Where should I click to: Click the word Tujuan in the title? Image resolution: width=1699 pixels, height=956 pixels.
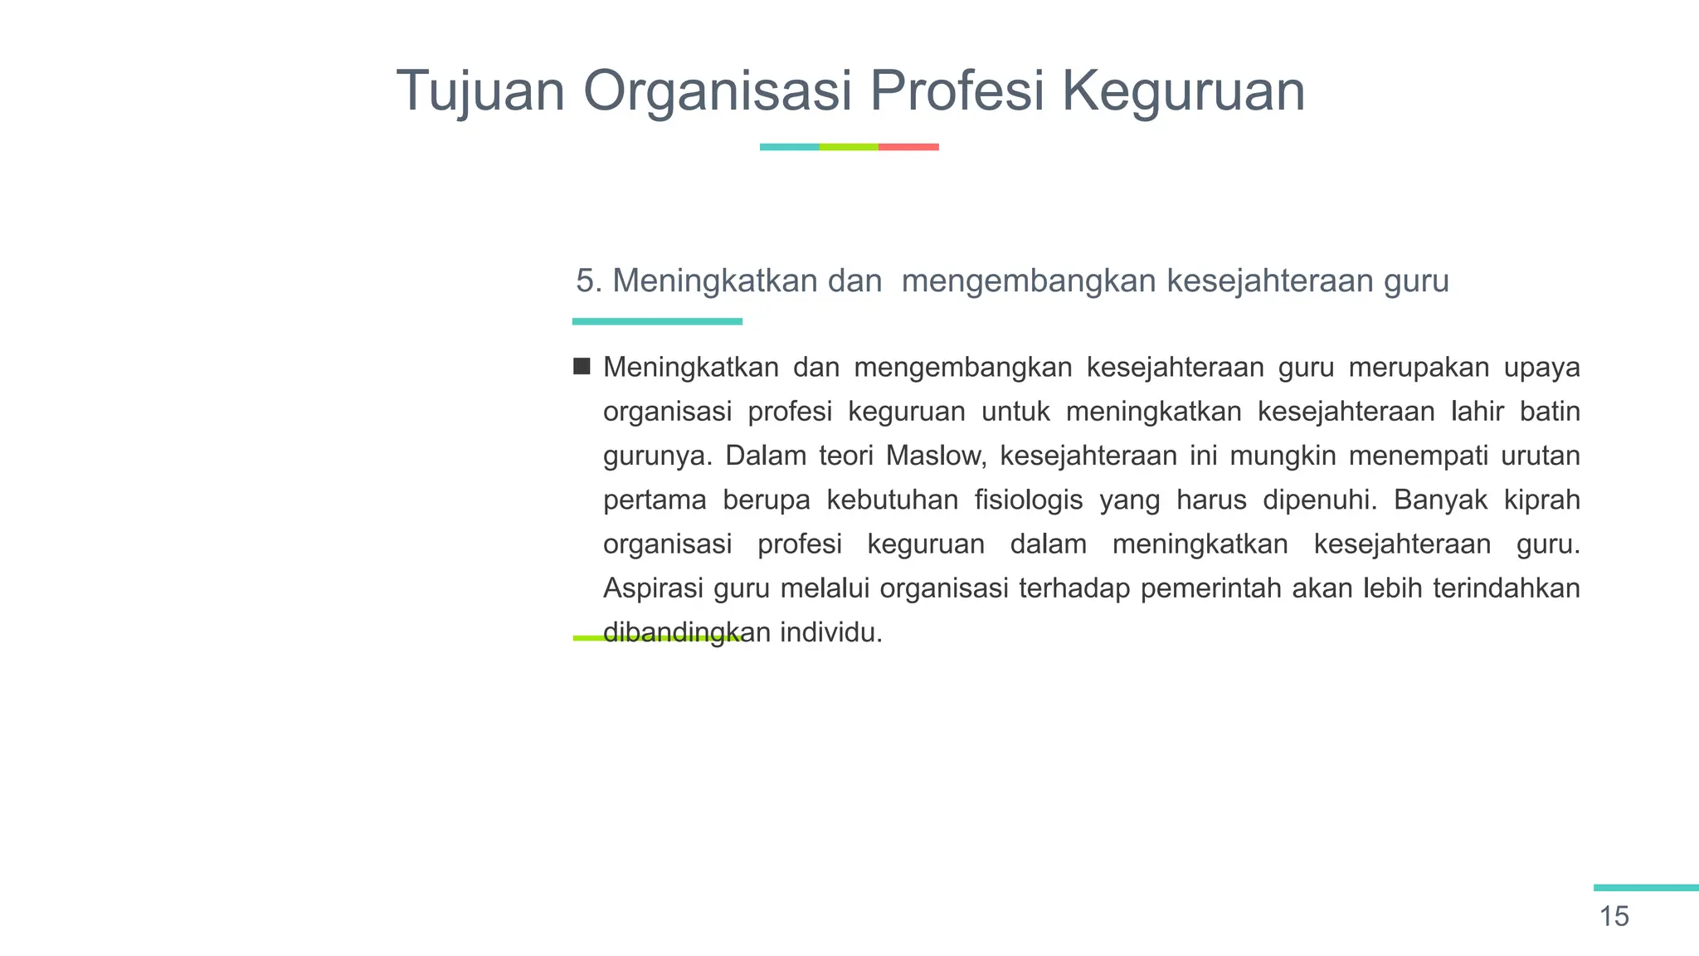coord(480,91)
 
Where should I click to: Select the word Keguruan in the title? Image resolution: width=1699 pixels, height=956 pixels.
coord(1184,91)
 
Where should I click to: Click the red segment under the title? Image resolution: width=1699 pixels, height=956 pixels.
coord(908,147)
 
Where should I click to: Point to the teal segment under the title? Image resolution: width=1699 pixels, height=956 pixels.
coord(789,147)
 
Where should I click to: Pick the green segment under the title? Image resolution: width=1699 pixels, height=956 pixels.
coord(849,147)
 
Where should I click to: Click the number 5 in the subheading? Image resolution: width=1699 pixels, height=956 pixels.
coord(585,281)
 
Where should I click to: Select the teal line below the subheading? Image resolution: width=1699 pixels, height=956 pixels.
coord(657,321)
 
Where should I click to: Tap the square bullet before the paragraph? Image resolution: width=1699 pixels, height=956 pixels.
coord(582,366)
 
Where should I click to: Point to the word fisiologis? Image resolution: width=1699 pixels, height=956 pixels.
coord(1029,500)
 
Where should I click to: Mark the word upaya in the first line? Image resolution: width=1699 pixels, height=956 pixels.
coord(1542,367)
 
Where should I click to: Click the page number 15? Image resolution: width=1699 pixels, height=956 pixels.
coord(1614,916)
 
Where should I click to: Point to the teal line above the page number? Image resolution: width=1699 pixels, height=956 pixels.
coord(1646,888)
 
